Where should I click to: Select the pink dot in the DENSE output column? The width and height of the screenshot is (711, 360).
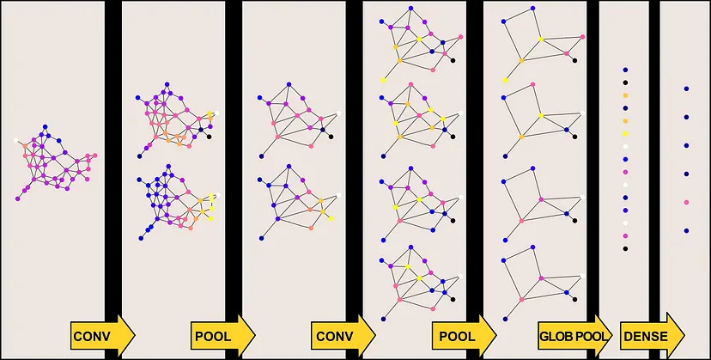coord(685,202)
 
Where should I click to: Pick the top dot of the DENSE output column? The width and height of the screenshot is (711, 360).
coord(685,88)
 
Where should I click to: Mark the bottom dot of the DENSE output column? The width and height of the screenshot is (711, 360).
coord(685,231)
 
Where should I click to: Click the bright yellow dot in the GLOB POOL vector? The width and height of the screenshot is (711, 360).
coord(626,134)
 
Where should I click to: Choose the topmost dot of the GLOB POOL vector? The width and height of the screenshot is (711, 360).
coord(626,70)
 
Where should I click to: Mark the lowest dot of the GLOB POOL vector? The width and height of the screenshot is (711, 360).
coord(626,248)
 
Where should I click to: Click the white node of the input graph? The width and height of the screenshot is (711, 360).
coord(16,140)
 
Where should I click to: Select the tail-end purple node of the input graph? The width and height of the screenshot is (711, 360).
coord(17,198)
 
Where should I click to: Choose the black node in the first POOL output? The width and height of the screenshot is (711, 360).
coord(331,137)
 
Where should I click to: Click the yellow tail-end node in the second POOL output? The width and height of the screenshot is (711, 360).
coord(505,80)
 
